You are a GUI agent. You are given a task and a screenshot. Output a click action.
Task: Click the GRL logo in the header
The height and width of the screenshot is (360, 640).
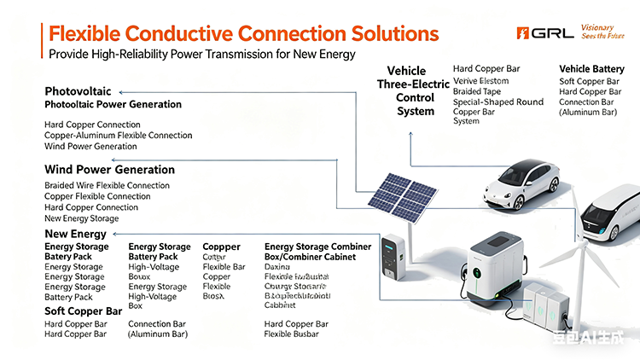tap(543, 32)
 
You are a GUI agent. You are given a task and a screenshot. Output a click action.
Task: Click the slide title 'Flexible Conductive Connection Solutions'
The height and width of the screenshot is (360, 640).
tap(243, 34)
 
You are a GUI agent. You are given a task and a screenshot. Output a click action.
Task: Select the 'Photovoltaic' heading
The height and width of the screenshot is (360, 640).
tap(79, 91)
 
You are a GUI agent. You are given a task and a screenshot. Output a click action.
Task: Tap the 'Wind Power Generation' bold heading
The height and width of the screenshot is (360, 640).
tap(109, 170)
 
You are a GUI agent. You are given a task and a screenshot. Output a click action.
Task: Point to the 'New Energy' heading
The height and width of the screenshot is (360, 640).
tap(75, 235)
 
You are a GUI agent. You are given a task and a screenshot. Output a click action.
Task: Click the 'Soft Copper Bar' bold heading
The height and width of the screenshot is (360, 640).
tap(84, 311)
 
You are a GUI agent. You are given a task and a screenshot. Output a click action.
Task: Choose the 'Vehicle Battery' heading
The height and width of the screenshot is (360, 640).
tap(597, 68)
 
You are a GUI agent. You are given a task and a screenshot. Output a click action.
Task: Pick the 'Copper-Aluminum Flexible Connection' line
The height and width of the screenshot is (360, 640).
tap(118, 136)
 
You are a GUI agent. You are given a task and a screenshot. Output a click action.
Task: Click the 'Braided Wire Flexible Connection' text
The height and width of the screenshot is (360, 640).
tap(107, 185)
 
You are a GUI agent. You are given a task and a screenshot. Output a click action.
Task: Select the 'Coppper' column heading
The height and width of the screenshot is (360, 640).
tap(221, 247)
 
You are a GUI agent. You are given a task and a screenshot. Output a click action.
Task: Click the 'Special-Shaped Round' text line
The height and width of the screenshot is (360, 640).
tap(497, 102)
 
